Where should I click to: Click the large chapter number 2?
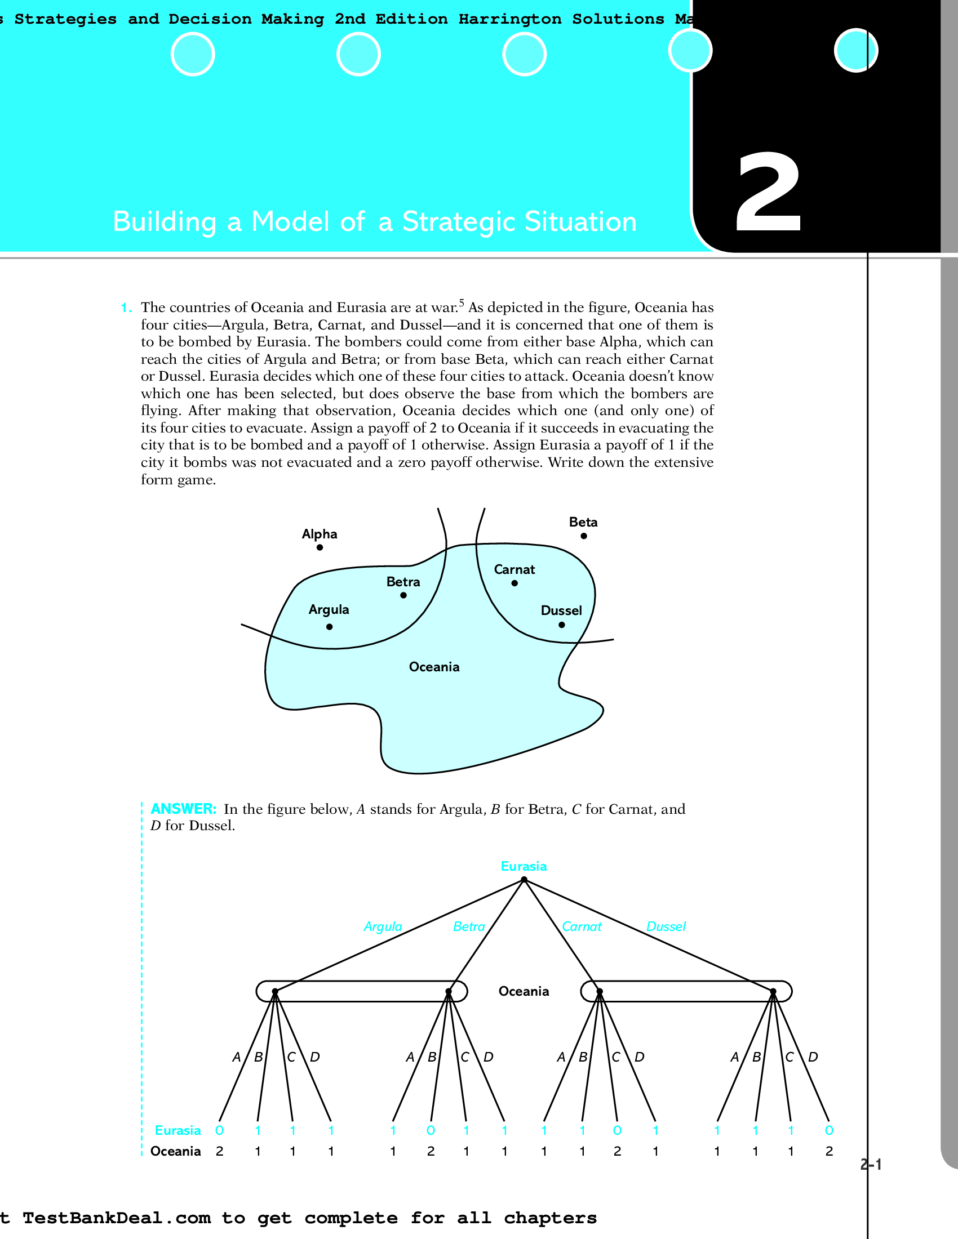[769, 193]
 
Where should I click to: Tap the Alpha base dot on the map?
[320, 547]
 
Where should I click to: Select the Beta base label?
[583, 522]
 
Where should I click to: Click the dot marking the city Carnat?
[514, 583]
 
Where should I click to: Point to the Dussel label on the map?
[561, 610]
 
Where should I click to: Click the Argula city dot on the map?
[329, 627]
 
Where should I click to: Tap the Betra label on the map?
[403, 582]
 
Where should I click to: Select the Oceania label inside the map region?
[434, 667]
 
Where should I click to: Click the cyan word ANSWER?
[183, 809]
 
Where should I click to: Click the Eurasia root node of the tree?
[524, 880]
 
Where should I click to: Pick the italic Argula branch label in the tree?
[383, 926]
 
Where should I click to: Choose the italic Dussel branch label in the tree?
[666, 926]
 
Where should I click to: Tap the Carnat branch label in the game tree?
[581, 926]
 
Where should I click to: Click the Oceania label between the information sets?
[524, 991]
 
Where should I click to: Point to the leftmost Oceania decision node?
[274, 992]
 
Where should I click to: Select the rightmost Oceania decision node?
[773, 992]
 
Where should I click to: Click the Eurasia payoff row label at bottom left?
[178, 1130]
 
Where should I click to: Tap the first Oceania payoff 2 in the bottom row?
[220, 1151]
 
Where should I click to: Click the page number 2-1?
[871, 1165]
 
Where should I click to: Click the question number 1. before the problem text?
[126, 308]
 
